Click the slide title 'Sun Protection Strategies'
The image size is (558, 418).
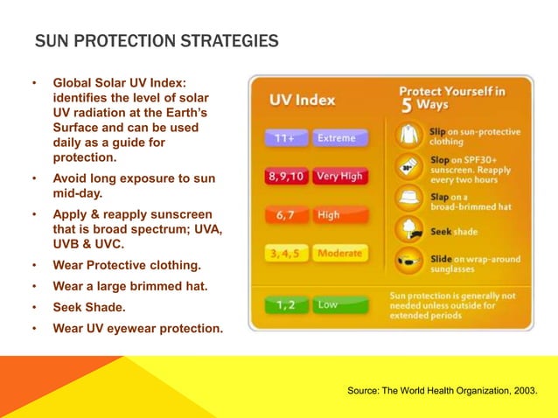157,41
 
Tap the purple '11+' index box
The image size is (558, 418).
285,138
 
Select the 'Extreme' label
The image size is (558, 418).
336,138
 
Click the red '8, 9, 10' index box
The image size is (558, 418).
286,176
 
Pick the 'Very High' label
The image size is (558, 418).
339,176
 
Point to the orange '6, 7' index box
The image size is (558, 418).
286,214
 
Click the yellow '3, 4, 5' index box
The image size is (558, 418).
286,254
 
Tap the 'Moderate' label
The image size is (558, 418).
340,254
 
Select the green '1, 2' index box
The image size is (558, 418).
286,304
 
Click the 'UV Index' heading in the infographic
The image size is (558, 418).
302,100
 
